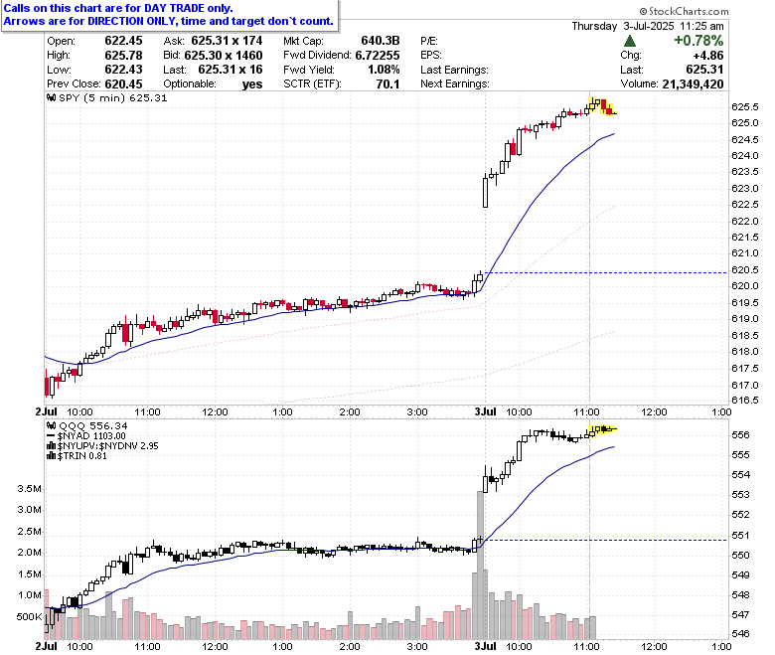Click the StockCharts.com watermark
(x=684, y=11)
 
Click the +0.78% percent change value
(x=698, y=41)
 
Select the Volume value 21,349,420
(x=693, y=84)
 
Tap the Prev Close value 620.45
(x=123, y=84)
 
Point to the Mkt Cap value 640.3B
(x=381, y=41)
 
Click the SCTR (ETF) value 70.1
(x=387, y=84)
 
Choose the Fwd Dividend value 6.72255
(x=378, y=56)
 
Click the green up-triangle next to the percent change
(x=630, y=41)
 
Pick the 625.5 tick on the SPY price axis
(x=744, y=106)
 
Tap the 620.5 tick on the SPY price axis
(x=744, y=270)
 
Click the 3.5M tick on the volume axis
(x=29, y=488)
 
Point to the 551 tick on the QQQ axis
(x=740, y=536)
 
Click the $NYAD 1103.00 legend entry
(x=86, y=436)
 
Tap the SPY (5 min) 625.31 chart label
(x=106, y=97)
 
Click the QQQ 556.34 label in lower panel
(x=86, y=425)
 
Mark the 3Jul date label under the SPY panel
(x=485, y=411)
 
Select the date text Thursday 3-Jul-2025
(x=623, y=26)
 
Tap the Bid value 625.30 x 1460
(x=224, y=56)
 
